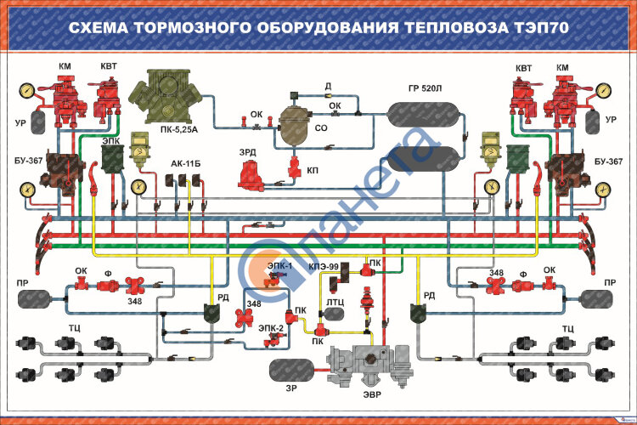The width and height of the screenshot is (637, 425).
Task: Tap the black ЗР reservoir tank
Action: click(x=293, y=370)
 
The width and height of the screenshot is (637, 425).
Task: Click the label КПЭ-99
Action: click(x=324, y=266)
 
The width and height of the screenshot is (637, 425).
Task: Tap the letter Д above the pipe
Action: click(x=328, y=87)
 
